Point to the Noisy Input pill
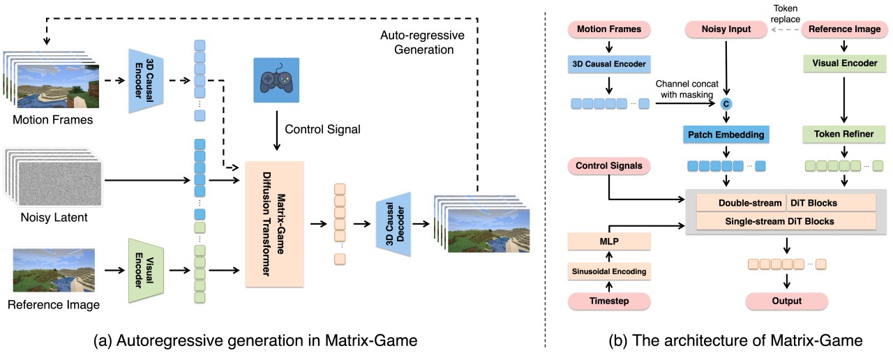click(x=726, y=29)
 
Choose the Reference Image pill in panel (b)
click(x=845, y=29)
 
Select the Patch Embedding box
click(x=726, y=133)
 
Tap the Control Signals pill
click(x=609, y=167)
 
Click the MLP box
click(x=609, y=241)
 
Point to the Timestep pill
click(x=609, y=301)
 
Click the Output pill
click(x=786, y=301)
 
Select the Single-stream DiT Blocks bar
click(x=786, y=221)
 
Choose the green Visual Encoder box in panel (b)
click(x=845, y=63)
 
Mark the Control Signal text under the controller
click(x=317, y=129)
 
